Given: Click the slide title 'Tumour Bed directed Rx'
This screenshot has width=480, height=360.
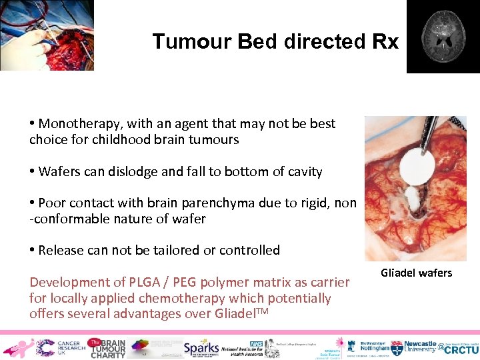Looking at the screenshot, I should coord(275,41).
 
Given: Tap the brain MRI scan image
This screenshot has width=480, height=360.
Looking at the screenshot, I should coord(443,36).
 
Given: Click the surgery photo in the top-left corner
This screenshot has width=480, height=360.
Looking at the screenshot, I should coord(46,35).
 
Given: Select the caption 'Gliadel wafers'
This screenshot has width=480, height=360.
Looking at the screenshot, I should coord(416,273).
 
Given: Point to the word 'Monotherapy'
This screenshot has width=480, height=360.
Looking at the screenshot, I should coord(75,123).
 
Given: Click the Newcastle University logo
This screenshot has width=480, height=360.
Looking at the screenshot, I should coord(413,347).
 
